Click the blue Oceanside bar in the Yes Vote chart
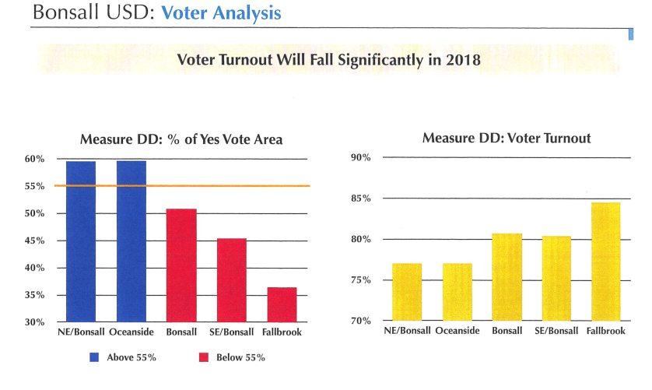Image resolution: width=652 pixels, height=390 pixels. pyautogui.click(x=131, y=241)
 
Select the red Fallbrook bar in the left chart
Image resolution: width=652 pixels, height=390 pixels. pyautogui.click(x=282, y=304)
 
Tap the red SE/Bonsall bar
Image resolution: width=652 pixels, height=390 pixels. pyautogui.click(x=231, y=280)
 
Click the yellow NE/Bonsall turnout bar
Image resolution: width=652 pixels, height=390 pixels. pyautogui.click(x=407, y=292)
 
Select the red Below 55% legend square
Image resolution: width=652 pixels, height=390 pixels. pyautogui.click(x=182, y=357)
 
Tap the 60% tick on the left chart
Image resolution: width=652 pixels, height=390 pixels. pyautogui.click(x=35, y=160)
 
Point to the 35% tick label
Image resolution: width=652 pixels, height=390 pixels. pyautogui.click(x=35, y=295)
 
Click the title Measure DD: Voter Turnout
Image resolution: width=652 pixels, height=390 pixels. pyautogui.click(x=506, y=139)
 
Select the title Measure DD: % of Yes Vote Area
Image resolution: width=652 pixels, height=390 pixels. pyautogui.click(x=181, y=140)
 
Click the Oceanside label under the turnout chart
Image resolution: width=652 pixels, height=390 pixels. pyautogui.click(x=457, y=331)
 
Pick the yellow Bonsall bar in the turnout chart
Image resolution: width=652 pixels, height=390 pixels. pyautogui.click(x=507, y=277)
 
